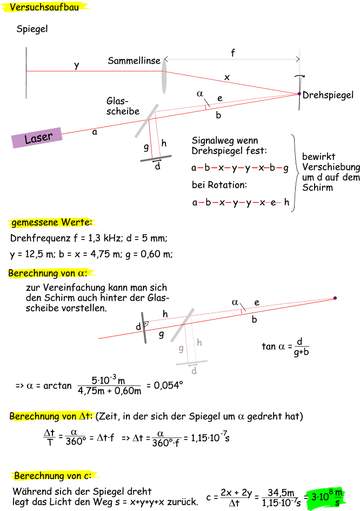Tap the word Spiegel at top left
pyautogui.click(x=32, y=29)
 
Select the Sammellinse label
pyautogui.click(x=134, y=61)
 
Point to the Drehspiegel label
pyautogui.click(x=328, y=95)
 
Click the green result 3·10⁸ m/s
pyautogui.click(x=326, y=497)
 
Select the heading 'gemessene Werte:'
pyautogui.click(x=52, y=222)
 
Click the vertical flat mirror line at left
pyautogui.click(x=26, y=71)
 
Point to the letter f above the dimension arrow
pyautogui.click(x=233, y=52)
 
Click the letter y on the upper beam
pyautogui.click(x=77, y=65)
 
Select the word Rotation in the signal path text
pyautogui.click(x=227, y=185)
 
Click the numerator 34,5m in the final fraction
pyautogui.click(x=283, y=493)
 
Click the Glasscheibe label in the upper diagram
pyautogui.click(x=122, y=106)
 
